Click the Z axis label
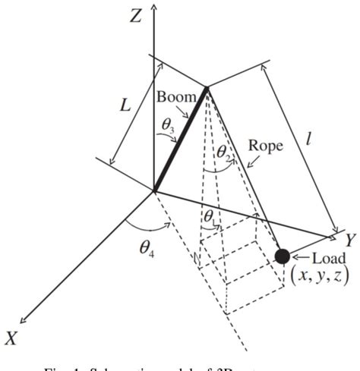click(134, 14)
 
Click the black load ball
click(283, 256)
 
